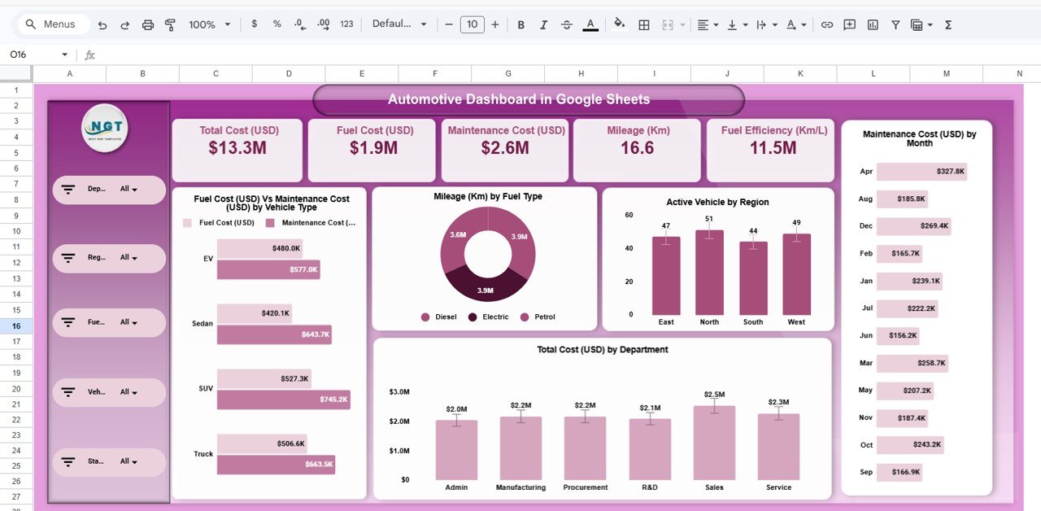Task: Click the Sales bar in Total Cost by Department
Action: pyautogui.click(x=714, y=443)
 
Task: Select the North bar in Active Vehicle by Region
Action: pyautogui.click(x=709, y=273)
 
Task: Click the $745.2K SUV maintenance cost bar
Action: pyautogui.click(x=283, y=400)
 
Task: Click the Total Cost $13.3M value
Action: pyautogui.click(x=237, y=148)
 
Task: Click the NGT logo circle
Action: pyautogui.click(x=105, y=128)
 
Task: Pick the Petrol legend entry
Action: pyautogui.click(x=544, y=317)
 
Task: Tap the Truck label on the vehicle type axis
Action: pyautogui.click(x=203, y=454)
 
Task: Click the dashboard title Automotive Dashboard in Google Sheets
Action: pyautogui.click(x=519, y=99)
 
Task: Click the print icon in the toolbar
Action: pyautogui.click(x=147, y=24)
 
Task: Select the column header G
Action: pyautogui.click(x=507, y=74)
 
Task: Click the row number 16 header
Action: pyautogui.click(x=16, y=325)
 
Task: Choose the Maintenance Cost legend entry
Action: pyautogui.click(x=317, y=222)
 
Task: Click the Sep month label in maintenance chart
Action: pyautogui.click(x=866, y=472)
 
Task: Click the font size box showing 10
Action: pyautogui.click(x=472, y=24)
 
